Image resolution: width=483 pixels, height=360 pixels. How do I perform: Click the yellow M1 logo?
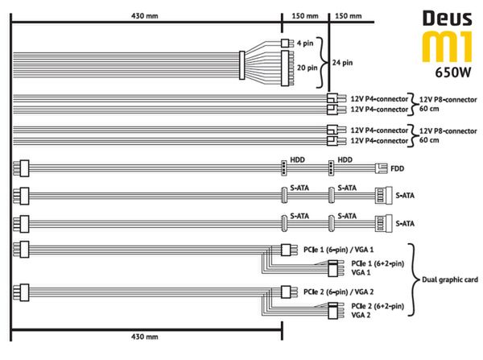(x=447, y=46)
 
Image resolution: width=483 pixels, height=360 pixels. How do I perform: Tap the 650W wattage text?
(x=452, y=72)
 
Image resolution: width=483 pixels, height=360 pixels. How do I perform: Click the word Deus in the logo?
(x=448, y=19)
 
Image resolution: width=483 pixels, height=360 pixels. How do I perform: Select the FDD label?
(x=397, y=168)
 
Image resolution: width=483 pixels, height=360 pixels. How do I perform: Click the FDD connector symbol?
(x=381, y=168)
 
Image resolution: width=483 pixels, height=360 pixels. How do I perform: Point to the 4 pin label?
(x=305, y=43)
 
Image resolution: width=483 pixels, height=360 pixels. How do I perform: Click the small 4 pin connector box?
(x=285, y=43)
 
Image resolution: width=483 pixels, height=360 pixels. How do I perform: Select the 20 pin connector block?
(x=285, y=68)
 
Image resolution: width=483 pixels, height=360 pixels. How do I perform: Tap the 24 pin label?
(x=342, y=63)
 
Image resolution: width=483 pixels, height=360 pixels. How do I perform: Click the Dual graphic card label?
(x=450, y=279)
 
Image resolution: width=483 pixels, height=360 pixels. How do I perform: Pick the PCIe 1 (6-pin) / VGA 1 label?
(x=338, y=250)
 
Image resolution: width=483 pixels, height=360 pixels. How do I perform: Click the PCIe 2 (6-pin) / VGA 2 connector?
(x=286, y=292)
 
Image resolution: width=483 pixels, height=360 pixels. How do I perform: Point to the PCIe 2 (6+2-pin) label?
(x=378, y=306)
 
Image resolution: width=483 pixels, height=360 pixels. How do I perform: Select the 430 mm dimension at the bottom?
(x=144, y=337)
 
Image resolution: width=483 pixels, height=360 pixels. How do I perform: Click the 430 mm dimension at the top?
(x=144, y=16)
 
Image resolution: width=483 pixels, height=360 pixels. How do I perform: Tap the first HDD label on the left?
(x=297, y=159)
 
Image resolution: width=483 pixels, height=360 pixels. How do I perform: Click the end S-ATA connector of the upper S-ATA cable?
(x=383, y=196)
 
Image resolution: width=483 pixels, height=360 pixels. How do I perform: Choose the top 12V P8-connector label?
(x=448, y=100)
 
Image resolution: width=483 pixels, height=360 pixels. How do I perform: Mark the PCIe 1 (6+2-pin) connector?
(x=332, y=268)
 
